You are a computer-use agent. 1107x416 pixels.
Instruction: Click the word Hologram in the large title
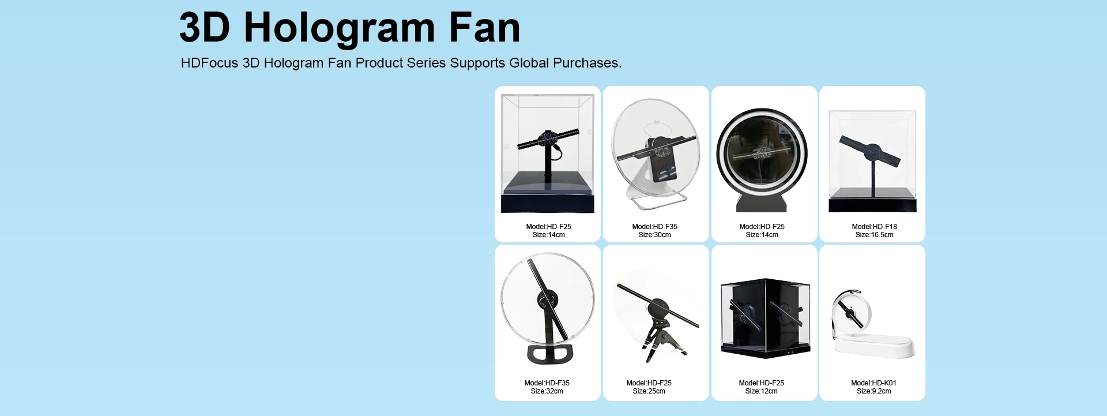coord(339,29)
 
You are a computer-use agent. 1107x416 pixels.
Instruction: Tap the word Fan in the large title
coord(484,28)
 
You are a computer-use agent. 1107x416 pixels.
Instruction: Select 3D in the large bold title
coord(204,28)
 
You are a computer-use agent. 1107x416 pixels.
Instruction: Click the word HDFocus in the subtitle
coord(209,63)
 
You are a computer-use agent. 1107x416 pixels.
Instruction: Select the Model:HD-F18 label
coord(874,227)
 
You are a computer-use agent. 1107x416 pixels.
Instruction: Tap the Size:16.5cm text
coord(874,235)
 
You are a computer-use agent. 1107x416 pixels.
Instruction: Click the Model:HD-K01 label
coord(873,383)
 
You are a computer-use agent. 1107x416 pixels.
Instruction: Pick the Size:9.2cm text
coord(873,391)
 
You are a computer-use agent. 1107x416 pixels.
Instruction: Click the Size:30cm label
coord(654,235)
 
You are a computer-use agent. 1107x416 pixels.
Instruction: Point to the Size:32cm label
coord(547,391)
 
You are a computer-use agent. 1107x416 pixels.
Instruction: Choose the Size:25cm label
coord(649,391)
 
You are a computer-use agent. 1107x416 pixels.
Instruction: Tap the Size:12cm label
coord(761,391)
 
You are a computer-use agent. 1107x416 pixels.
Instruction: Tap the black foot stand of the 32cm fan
coord(550,354)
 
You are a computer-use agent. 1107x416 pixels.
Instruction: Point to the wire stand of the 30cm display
coord(657,200)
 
